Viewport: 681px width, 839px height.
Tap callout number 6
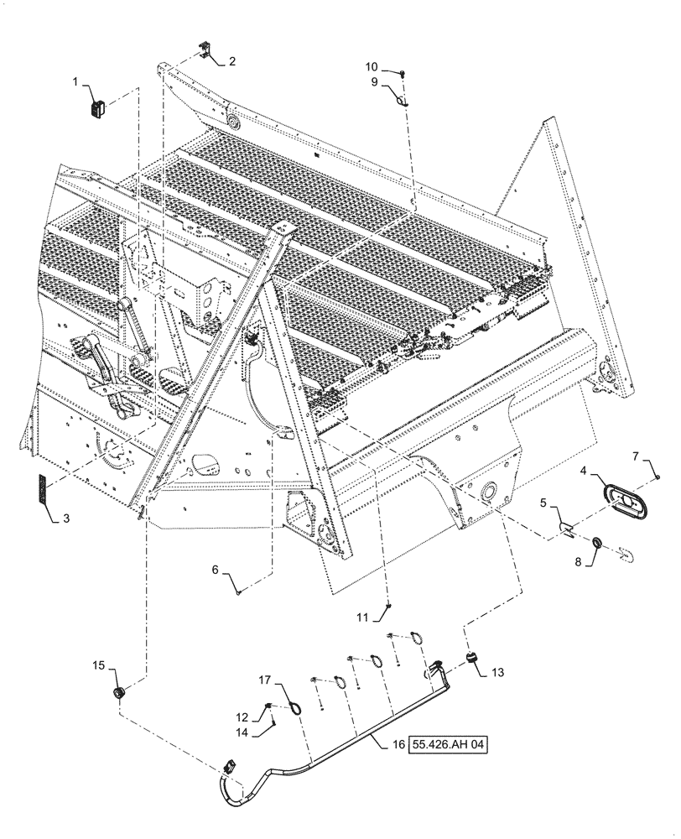(x=215, y=568)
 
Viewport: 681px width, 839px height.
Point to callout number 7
(x=635, y=456)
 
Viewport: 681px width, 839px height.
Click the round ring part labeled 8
(x=596, y=543)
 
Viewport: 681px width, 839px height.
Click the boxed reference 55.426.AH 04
(x=449, y=743)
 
